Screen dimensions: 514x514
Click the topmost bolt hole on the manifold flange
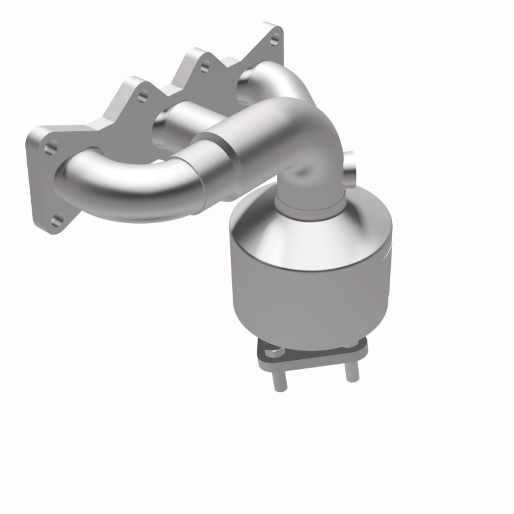coord(274,40)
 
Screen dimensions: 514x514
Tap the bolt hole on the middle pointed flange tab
coord(205,65)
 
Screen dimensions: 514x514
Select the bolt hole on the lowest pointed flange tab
coord(143,96)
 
